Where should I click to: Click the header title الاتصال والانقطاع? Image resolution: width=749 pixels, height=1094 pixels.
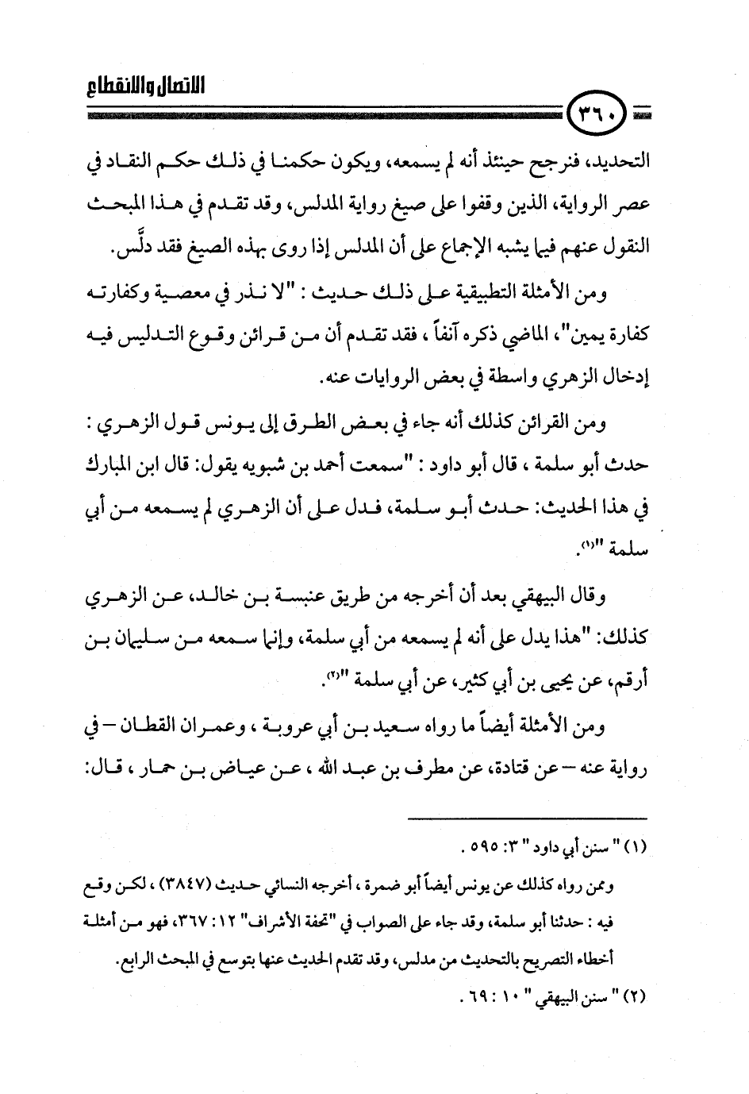tap(143, 86)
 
